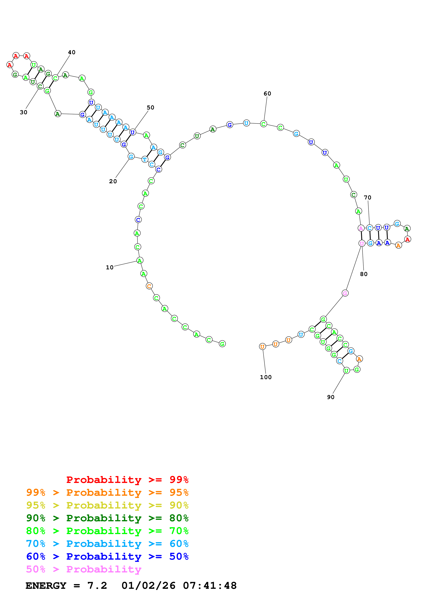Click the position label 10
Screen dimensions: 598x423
pos(110,267)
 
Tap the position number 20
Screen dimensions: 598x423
pos(113,181)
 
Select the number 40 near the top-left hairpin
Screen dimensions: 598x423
pos(72,52)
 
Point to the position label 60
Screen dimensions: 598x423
pos(267,94)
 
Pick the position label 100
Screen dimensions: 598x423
pos(266,377)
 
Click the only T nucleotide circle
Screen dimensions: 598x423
pos(145,159)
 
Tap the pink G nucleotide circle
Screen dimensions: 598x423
pos(345,293)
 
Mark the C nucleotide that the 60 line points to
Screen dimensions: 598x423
pos(263,124)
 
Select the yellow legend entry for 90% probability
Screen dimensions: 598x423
pos(107,505)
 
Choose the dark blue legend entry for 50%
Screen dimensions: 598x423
pos(107,556)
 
